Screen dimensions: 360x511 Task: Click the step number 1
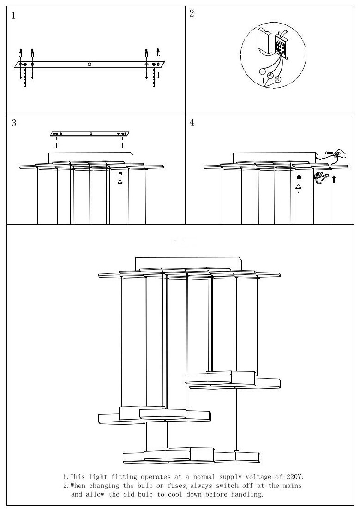13,16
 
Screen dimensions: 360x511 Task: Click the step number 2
192,13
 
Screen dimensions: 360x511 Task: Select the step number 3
14,123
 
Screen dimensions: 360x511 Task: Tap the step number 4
192,123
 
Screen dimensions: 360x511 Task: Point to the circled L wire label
263,71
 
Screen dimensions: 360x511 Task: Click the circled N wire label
278,79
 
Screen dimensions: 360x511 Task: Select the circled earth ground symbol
270,76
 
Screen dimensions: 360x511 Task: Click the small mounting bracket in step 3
90,134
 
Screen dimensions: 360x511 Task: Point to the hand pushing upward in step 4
319,177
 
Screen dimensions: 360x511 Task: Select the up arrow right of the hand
333,178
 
